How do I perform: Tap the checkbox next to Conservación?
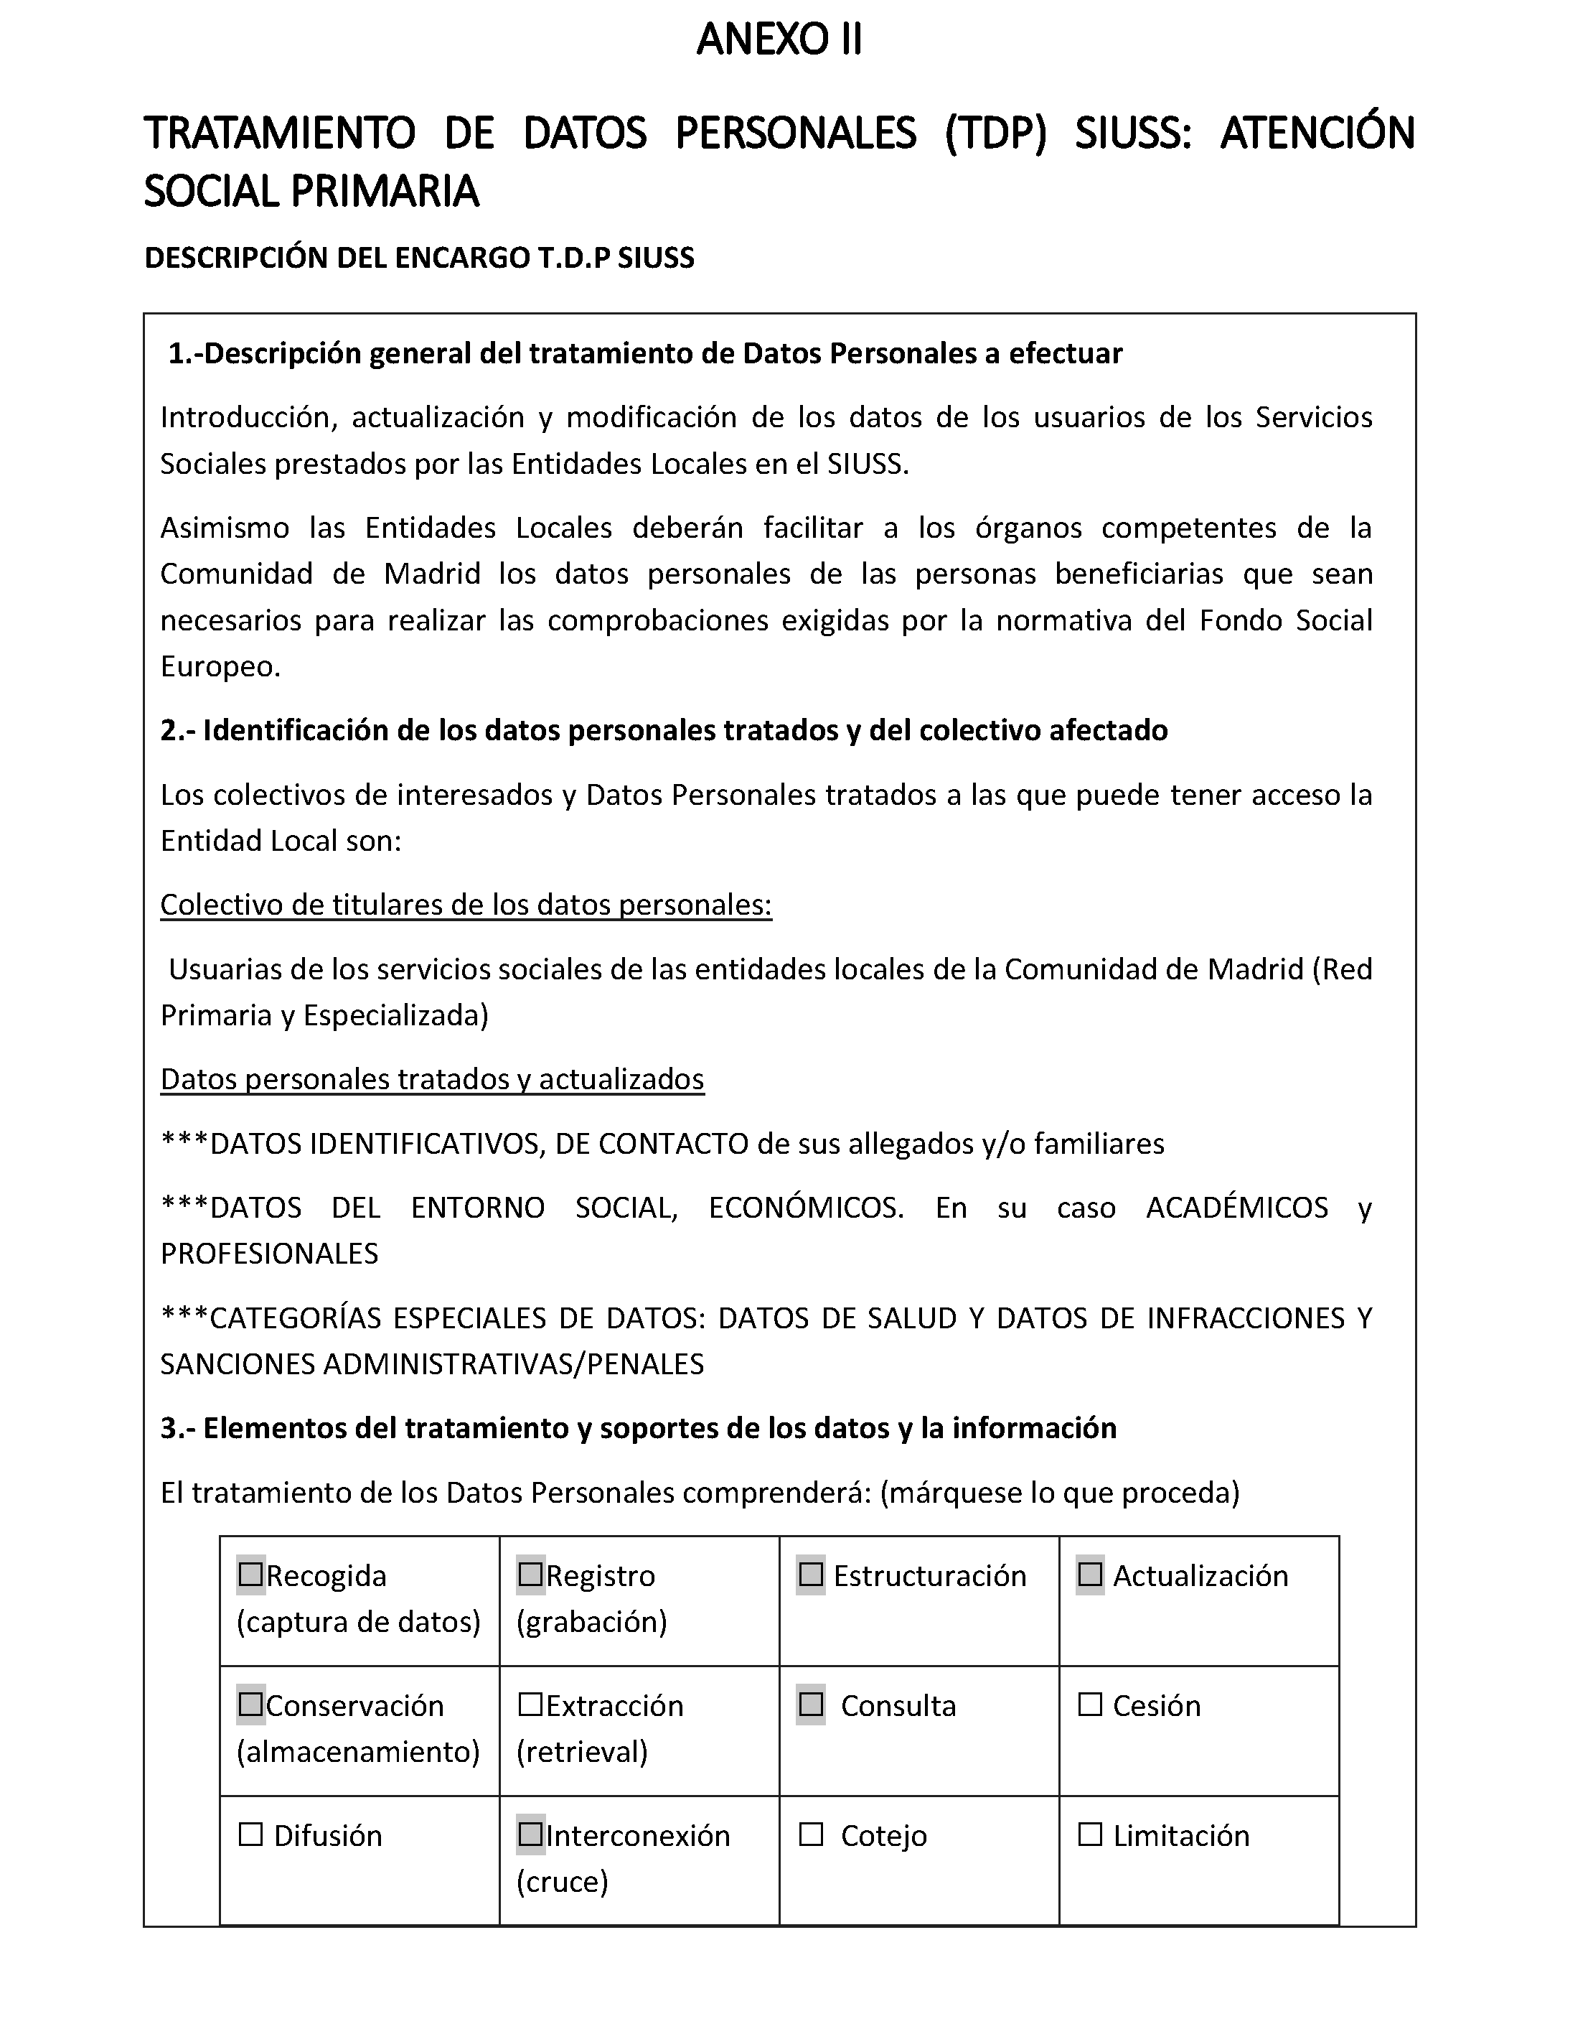coord(251,1705)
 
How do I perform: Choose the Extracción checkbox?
coord(531,1705)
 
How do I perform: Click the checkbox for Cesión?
coord(1090,1705)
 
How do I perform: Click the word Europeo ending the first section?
coord(220,667)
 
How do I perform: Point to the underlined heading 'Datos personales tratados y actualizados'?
coord(432,1079)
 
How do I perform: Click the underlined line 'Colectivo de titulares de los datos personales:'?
coord(466,905)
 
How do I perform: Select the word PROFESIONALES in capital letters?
coord(270,1254)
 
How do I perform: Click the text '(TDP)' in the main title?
coord(995,134)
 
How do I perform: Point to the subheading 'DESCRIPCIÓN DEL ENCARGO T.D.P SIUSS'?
coord(419,258)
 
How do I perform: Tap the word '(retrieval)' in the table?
coord(582,1752)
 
